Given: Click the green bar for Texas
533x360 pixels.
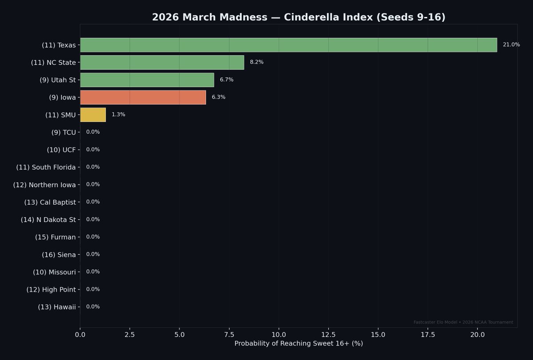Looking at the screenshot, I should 288,45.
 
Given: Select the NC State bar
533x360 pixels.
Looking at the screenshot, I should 162,62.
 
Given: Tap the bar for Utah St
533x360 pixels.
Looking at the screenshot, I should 147,80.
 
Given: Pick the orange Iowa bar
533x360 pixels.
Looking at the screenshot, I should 143,97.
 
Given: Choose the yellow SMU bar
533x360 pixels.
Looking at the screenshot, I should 93,115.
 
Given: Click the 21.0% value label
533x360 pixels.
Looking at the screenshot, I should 511,45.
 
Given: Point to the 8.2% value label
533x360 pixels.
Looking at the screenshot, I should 257,62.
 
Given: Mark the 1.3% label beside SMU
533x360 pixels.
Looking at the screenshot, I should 118,115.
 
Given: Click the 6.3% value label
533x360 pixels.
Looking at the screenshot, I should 219,97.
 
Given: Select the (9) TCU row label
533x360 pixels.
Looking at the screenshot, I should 64,132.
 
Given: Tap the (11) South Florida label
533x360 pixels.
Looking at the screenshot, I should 46,167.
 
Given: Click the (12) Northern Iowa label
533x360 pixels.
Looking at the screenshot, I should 44,185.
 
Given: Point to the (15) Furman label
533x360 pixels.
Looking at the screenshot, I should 56,237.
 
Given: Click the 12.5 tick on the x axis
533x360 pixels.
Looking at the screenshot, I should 328,334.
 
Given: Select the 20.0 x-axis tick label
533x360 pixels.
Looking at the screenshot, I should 477,334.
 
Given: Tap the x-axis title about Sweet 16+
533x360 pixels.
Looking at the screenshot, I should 298,344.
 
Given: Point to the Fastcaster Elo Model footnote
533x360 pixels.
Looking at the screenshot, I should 463,322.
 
